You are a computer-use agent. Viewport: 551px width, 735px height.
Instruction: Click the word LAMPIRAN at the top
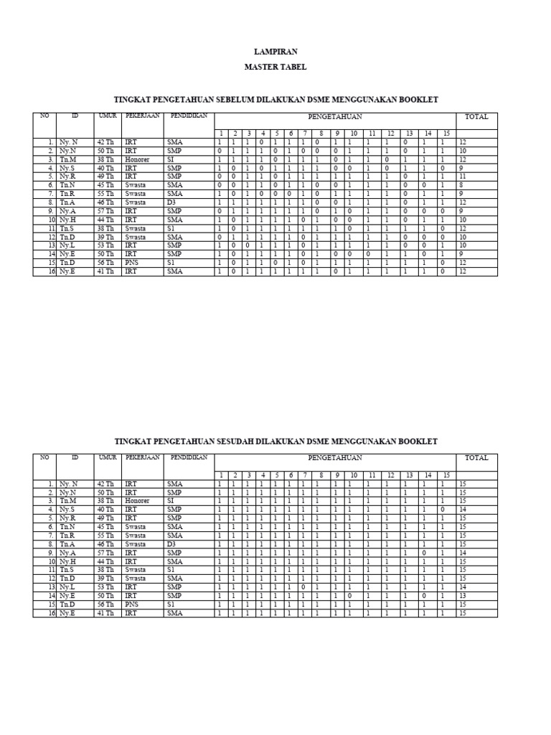point(275,52)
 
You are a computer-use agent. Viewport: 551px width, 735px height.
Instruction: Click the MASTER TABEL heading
point(275,67)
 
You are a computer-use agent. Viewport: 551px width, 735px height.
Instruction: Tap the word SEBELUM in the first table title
point(240,100)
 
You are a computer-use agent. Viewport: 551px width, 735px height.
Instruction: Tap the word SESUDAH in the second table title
point(241,441)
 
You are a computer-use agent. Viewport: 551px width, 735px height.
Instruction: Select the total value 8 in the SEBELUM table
point(462,185)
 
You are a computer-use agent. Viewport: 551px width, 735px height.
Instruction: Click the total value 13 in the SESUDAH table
point(463,596)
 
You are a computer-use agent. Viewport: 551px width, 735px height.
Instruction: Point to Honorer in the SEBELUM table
point(137,159)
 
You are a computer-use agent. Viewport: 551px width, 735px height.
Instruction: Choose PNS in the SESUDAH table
point(131,604)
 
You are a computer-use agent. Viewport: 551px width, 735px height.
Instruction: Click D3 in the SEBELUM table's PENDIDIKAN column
point(171,202)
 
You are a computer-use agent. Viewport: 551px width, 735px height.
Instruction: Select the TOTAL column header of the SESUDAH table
point(476,458)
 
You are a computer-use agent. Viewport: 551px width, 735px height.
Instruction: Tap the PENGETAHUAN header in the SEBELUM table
point(335,116)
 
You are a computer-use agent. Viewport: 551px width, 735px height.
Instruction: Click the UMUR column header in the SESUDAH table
point(108,457)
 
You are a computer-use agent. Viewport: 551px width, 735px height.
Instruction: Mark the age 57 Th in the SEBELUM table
point(105,211)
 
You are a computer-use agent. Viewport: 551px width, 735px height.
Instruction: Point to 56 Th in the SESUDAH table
point(105,604)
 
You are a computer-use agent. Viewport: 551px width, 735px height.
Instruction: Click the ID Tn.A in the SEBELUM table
point(67,202)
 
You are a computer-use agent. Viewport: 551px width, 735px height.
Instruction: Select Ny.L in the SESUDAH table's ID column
point(67,587)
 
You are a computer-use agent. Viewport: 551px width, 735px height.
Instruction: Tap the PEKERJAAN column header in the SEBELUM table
point(142,116)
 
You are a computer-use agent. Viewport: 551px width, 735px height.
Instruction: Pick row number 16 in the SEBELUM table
point(50,272)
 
